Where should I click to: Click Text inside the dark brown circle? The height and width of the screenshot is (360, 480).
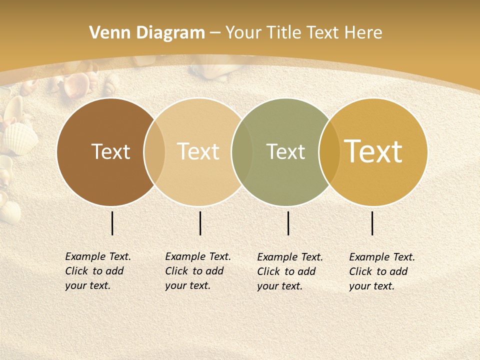tap(110, 151)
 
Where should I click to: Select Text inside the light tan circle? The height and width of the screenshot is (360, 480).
tap(198, 151)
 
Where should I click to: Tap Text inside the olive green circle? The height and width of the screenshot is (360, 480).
tap(285, 151)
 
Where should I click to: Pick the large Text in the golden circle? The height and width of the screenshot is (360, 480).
tap(373, 151)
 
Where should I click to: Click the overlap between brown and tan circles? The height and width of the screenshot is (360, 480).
tap(154, 152)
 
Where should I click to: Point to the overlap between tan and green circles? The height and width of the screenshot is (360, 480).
tap(242, 152)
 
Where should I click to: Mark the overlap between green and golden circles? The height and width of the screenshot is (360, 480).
tap(329, 152)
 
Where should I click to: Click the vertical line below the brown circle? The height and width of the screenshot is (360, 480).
tap(112, 223)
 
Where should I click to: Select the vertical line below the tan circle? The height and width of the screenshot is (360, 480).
tap(200, 223)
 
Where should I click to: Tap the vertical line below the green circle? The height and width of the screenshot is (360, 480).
tap(288, 223)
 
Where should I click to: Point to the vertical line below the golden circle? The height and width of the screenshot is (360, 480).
tap(372, 223)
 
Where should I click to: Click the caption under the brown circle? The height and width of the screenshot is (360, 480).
tap(97, 271)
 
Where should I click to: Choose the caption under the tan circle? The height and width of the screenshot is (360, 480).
tap(197, 271)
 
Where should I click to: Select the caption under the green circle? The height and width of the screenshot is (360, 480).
tap(289, 271)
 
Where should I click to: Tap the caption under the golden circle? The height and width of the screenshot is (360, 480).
tap(381, 271)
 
